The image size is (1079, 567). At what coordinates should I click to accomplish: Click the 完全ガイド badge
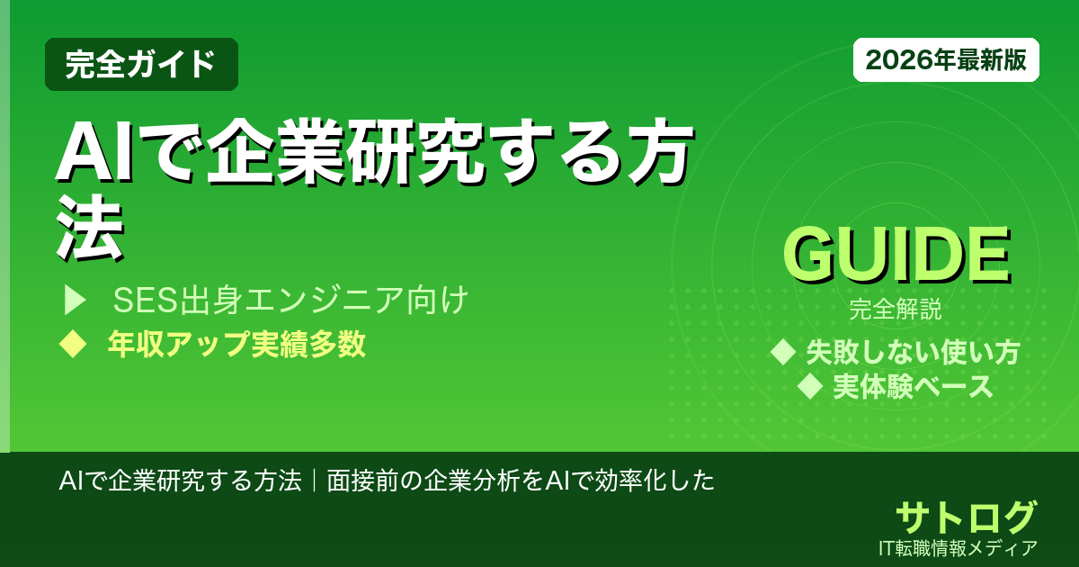(141, 64)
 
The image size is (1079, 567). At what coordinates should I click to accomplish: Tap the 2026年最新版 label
(946, 60)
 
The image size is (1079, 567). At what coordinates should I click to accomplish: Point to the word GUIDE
(896, 256)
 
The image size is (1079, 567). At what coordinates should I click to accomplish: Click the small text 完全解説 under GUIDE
(896, 311)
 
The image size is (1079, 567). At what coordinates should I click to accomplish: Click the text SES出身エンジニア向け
(290, 301)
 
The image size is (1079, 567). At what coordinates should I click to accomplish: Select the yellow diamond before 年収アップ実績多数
(70, 345)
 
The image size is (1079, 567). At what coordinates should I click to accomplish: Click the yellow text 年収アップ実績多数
(236, 345)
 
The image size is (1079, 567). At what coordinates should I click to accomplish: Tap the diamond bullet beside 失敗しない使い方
(784, 353)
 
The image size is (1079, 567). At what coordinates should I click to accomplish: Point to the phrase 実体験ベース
(913, 387)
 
